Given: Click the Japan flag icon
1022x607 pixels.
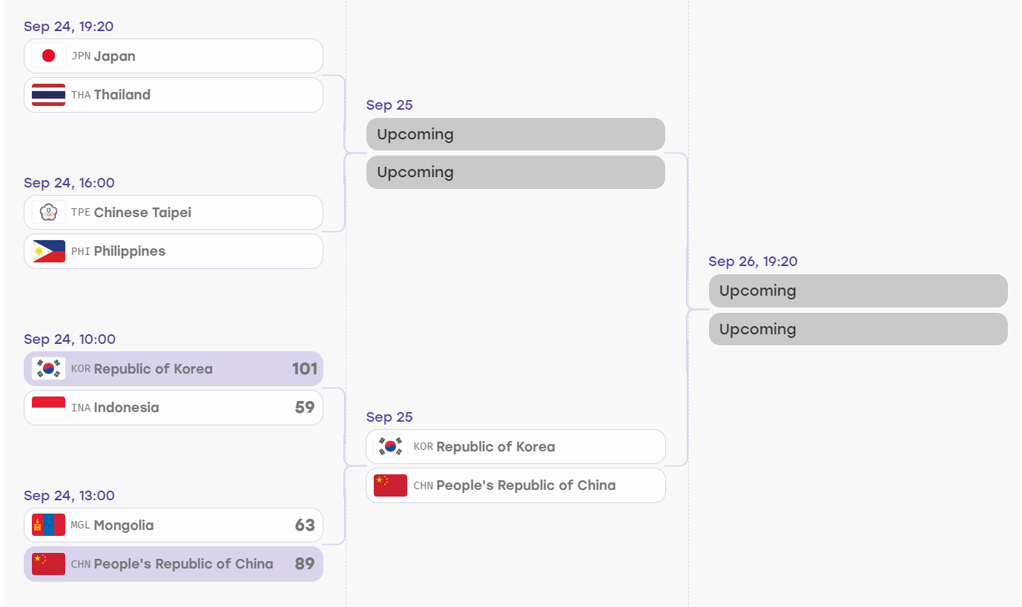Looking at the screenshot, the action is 48,56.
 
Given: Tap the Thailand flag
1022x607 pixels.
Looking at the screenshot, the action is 48,95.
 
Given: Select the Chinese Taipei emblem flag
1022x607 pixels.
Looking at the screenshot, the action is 48,213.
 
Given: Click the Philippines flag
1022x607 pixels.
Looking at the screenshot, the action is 48,251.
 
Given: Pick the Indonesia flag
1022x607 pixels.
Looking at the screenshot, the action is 48,408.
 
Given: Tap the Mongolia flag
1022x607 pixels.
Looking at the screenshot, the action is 48,525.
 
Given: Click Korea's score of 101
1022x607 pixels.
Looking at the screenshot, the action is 304,368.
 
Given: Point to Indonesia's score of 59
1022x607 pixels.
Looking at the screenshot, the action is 305,407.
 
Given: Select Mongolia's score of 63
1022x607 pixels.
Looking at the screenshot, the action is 305,525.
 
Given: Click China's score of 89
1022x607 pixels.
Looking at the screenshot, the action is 305,564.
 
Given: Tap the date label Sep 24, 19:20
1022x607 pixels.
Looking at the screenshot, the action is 68,27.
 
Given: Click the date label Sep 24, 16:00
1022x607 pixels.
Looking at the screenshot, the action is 69,183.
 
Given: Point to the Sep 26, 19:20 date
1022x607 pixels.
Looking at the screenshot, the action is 753,262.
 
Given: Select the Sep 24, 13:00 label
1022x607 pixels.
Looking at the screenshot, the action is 69,496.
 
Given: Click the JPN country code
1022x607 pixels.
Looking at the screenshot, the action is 81,56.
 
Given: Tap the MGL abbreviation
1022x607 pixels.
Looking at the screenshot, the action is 80,525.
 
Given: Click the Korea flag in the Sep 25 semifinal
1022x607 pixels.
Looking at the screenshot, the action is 390,446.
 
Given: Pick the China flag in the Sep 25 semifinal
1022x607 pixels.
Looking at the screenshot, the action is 390,485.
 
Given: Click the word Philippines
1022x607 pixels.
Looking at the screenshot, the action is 130,251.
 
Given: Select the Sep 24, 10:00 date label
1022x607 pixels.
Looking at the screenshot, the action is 70,339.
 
